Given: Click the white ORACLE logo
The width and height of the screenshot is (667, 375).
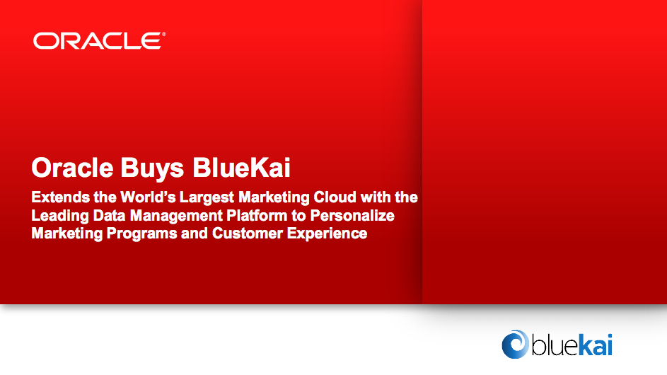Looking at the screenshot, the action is coord(98,41).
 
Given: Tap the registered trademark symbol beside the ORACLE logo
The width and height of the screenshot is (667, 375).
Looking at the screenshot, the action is coord(164,34).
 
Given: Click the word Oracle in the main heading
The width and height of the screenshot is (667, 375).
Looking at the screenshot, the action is coord(72,167).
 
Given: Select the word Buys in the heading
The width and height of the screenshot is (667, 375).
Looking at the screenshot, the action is coord(152,168).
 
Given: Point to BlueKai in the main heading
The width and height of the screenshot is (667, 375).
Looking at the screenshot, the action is coord(242,167).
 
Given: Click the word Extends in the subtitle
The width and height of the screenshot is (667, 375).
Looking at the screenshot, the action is coord(61,197).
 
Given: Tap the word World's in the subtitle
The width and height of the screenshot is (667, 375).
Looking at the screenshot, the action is coord(148,197).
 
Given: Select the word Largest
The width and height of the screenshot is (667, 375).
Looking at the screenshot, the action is coord(207,198).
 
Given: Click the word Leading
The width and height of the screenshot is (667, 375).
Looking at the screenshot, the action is coord(60,216).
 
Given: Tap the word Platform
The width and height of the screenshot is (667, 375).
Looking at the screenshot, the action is coord(257,215).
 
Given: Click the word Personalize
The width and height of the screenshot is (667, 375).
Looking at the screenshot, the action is coord(352,215).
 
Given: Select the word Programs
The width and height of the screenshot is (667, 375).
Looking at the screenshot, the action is coord(141,234).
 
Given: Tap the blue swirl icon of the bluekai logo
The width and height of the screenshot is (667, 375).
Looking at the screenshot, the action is coord(515,344).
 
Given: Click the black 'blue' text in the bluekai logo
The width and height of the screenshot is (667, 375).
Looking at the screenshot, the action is coord(555,345).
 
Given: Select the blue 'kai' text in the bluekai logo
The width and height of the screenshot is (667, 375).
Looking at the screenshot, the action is coord(595,345).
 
